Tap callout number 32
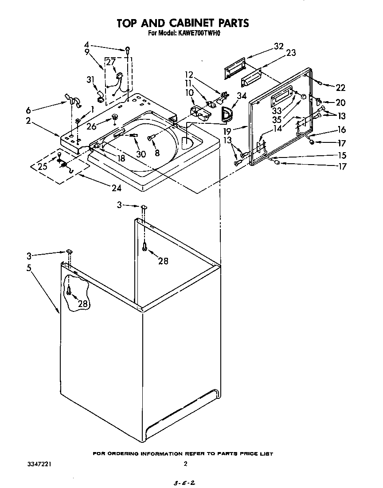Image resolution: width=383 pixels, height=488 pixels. [x=278, y=46]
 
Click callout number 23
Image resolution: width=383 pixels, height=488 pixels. [x=291, y=53]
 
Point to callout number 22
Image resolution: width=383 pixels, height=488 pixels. [x=340, y=87]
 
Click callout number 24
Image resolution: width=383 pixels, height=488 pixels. [x=116, y=188]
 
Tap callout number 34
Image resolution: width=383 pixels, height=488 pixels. [x=242, y=95]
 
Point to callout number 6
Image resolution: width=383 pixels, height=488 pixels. [x=29, y=110]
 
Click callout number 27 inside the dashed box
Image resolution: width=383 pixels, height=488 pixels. [x=110, y=63]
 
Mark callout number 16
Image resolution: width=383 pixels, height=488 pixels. [x=341, y=130]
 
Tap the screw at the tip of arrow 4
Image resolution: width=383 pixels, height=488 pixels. [x=128, y=50]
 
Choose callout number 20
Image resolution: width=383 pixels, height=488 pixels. [x=340, y=102]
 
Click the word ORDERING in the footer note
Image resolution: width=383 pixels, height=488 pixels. [x=122, y=454]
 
